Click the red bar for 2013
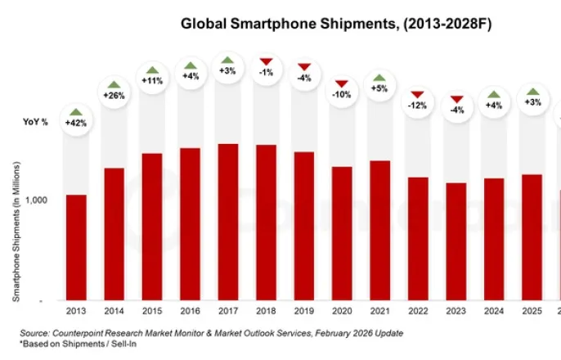76,247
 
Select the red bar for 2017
228,222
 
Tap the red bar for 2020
342,233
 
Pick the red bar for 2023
456,241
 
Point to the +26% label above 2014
114,96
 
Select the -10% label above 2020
342,95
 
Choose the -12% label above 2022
418,106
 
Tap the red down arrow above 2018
266,61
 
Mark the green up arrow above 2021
380,77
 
